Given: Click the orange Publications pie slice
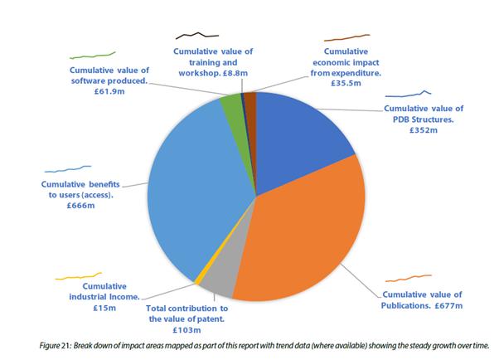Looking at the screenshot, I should point(307,232).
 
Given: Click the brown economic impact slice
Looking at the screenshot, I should point(250,100).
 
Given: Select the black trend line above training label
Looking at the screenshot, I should point(197,36).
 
